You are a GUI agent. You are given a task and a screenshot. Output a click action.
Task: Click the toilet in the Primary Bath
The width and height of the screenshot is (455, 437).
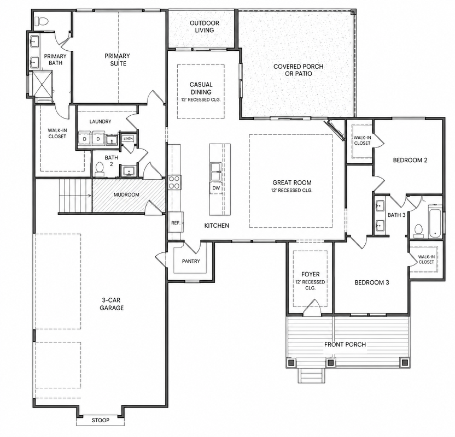42,21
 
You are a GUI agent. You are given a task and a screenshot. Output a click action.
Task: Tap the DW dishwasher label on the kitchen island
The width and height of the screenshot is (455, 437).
216,188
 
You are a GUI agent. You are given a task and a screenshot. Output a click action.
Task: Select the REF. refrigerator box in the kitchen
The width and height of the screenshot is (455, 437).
176,222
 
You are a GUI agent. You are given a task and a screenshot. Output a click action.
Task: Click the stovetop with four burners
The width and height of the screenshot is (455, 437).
174,182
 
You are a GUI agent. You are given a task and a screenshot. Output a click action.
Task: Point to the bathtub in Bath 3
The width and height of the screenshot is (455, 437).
435,221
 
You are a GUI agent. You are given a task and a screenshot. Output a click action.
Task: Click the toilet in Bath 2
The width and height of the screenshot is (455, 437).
100,169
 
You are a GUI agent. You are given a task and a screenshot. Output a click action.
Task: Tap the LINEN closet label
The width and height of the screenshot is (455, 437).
128,139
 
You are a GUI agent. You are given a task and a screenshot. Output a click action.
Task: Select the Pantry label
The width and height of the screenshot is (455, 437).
191,261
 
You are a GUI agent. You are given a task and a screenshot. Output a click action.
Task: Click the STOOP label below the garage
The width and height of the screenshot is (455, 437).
101,420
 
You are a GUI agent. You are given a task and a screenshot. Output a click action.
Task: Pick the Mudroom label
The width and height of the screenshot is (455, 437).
126,194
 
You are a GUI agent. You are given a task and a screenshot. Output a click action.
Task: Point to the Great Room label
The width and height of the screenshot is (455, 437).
292,182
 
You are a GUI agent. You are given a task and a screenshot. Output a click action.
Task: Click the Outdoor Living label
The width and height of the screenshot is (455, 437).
205,26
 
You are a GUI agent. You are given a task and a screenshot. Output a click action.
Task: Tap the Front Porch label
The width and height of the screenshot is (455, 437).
345,344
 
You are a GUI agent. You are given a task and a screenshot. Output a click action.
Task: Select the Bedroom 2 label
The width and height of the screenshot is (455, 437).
410,160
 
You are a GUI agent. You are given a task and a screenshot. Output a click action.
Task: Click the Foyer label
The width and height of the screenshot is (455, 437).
310,274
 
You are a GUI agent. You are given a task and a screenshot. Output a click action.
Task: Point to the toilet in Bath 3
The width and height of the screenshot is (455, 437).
418,231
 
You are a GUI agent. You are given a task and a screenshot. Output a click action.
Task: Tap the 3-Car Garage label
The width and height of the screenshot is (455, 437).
112,304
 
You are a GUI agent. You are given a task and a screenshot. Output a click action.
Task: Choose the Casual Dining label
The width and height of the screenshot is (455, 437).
201,88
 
